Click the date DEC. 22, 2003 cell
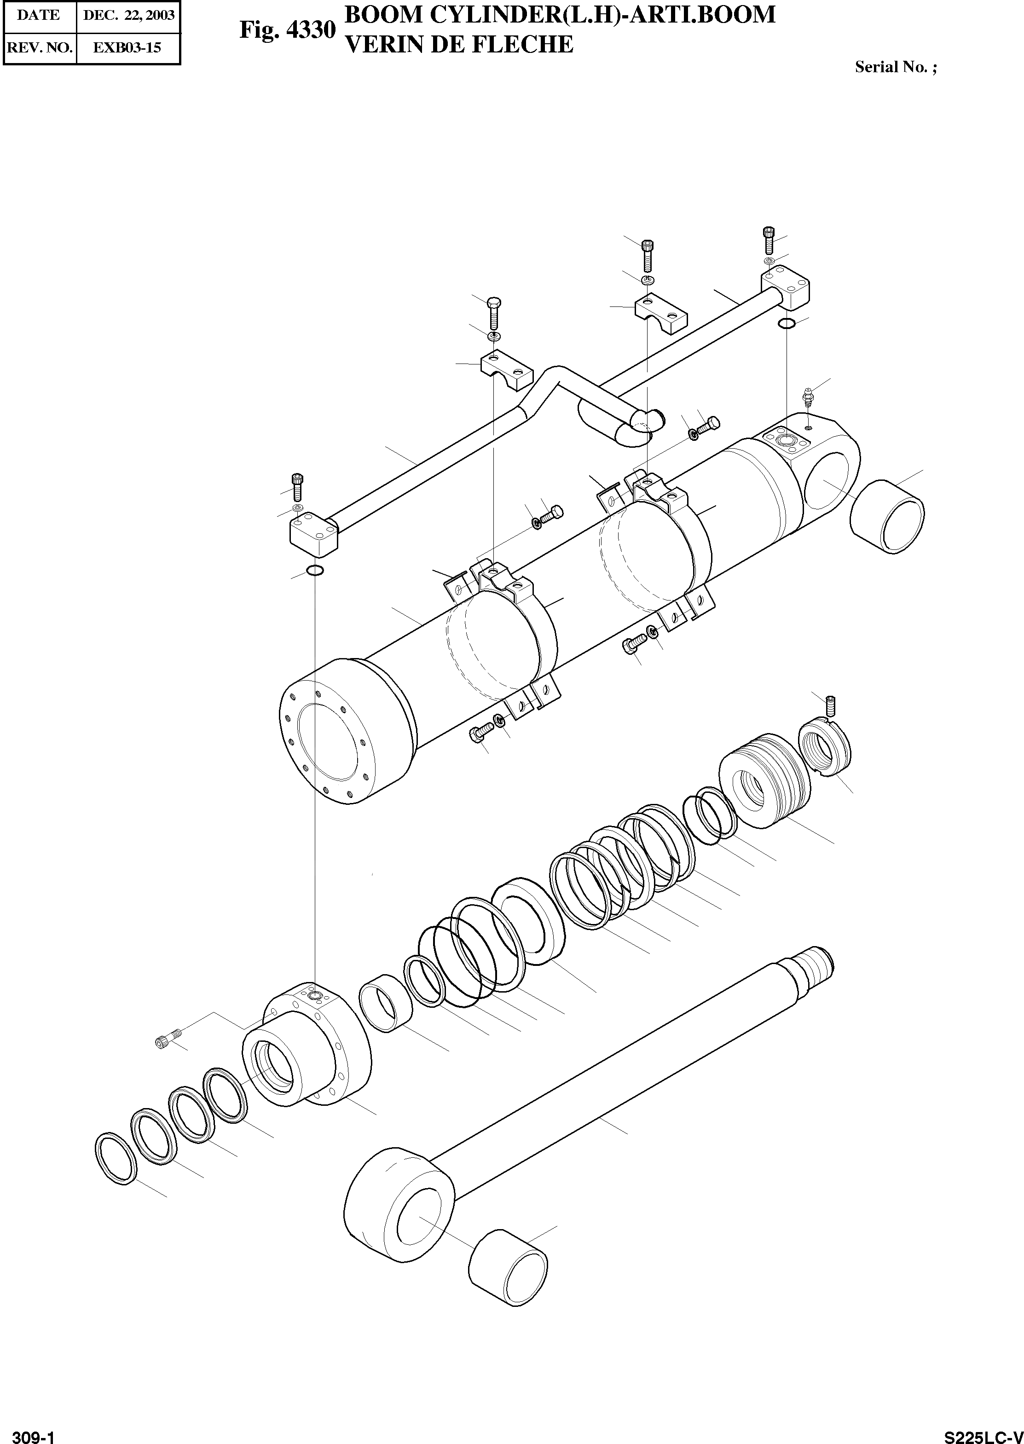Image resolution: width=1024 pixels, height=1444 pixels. [x=128, y=15]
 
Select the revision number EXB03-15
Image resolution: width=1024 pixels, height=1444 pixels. [x=127, y=47]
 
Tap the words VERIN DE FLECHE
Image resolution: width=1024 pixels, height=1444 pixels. [x=460, y=44]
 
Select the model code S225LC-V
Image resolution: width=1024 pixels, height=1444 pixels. [x=983, y=1432]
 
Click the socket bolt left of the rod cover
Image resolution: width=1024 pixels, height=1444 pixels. [x=167, y=1042]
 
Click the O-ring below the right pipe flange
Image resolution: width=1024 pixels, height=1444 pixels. [x=786, y=324]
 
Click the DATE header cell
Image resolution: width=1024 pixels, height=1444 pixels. [x=39, y=15]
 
